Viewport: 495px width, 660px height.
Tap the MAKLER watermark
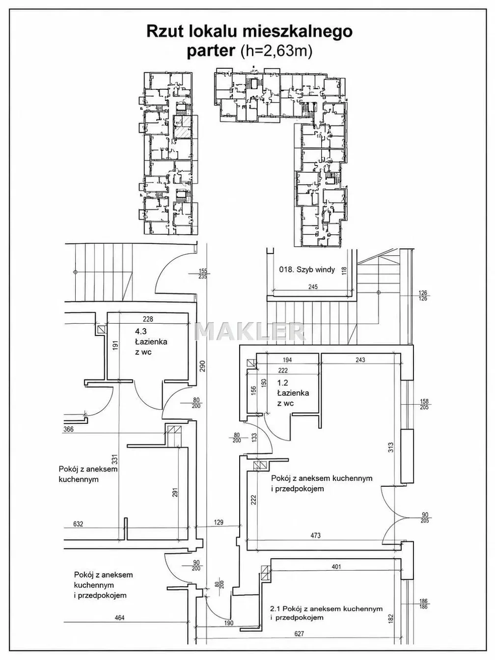pyautogui.click(x=250, y=331)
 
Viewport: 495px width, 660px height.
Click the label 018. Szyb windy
pyautogui.click(x=307, y=270)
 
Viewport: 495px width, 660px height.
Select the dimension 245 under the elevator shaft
pyautogui.click(x=313, y=287)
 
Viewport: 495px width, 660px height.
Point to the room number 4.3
pyautogui.click(x=140, y=331)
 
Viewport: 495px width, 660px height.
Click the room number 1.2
pyautogui.click(x=282, y=383)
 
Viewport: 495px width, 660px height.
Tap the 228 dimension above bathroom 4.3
pyautogui.click(x=148, y=319)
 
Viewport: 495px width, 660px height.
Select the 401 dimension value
pyautogui.click(x=336, y=567)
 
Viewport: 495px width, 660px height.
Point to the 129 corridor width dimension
pyautogui.click(x=219, y=522)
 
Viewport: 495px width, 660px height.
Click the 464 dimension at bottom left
pyautogui.click(x=119, y=618)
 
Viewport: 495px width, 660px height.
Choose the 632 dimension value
pyautogui.click(x=78, y=524)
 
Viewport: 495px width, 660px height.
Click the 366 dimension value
pyautogui.click(x=69, y=429)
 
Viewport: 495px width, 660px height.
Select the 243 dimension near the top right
pyautogui.click(x=360, y=359)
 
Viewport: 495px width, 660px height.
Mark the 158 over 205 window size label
pyautogui.click(x=425, y=405)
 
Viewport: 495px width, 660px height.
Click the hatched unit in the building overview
pyautogui.click(x=182, y=128)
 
